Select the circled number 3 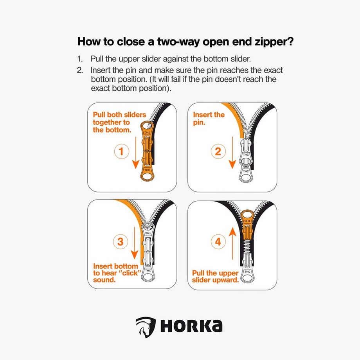[x=121, y=241]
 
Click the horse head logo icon [x=143, y=326]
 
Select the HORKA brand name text [x=190, y=326]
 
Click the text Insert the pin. [x=209, y=118]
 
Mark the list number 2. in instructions [x=80, y=71]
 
